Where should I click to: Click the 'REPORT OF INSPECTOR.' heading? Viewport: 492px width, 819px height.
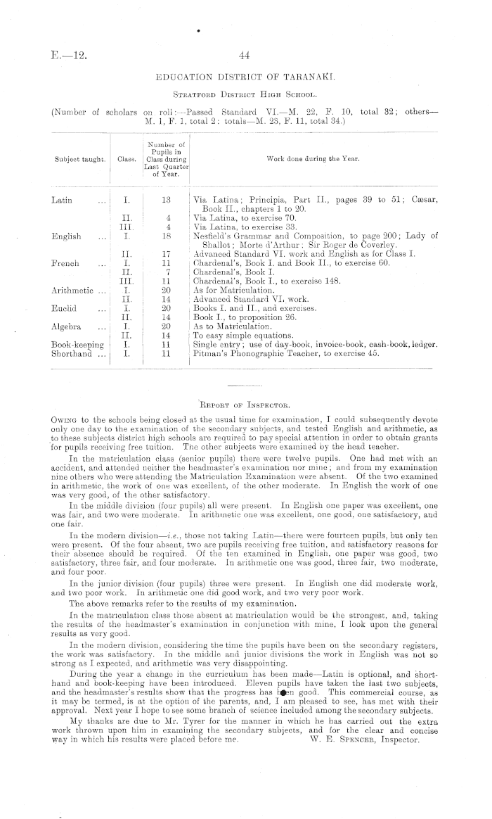click(x=244, y=405)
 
